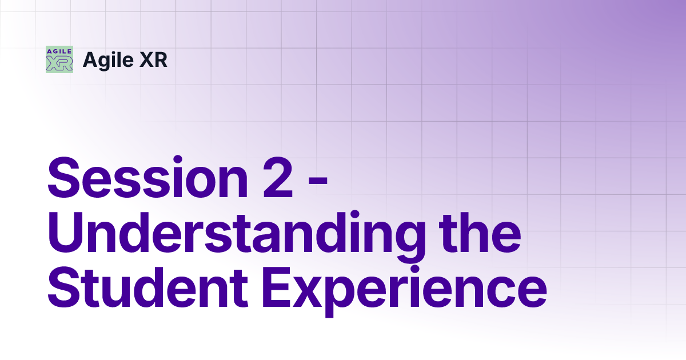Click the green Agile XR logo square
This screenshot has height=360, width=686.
(x=59, y=59)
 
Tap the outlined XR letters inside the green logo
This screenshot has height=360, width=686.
(x=59, y=64)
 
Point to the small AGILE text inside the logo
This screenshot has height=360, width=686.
(x=59, y=51)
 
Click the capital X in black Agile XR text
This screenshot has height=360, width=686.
(x=146, y=59)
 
